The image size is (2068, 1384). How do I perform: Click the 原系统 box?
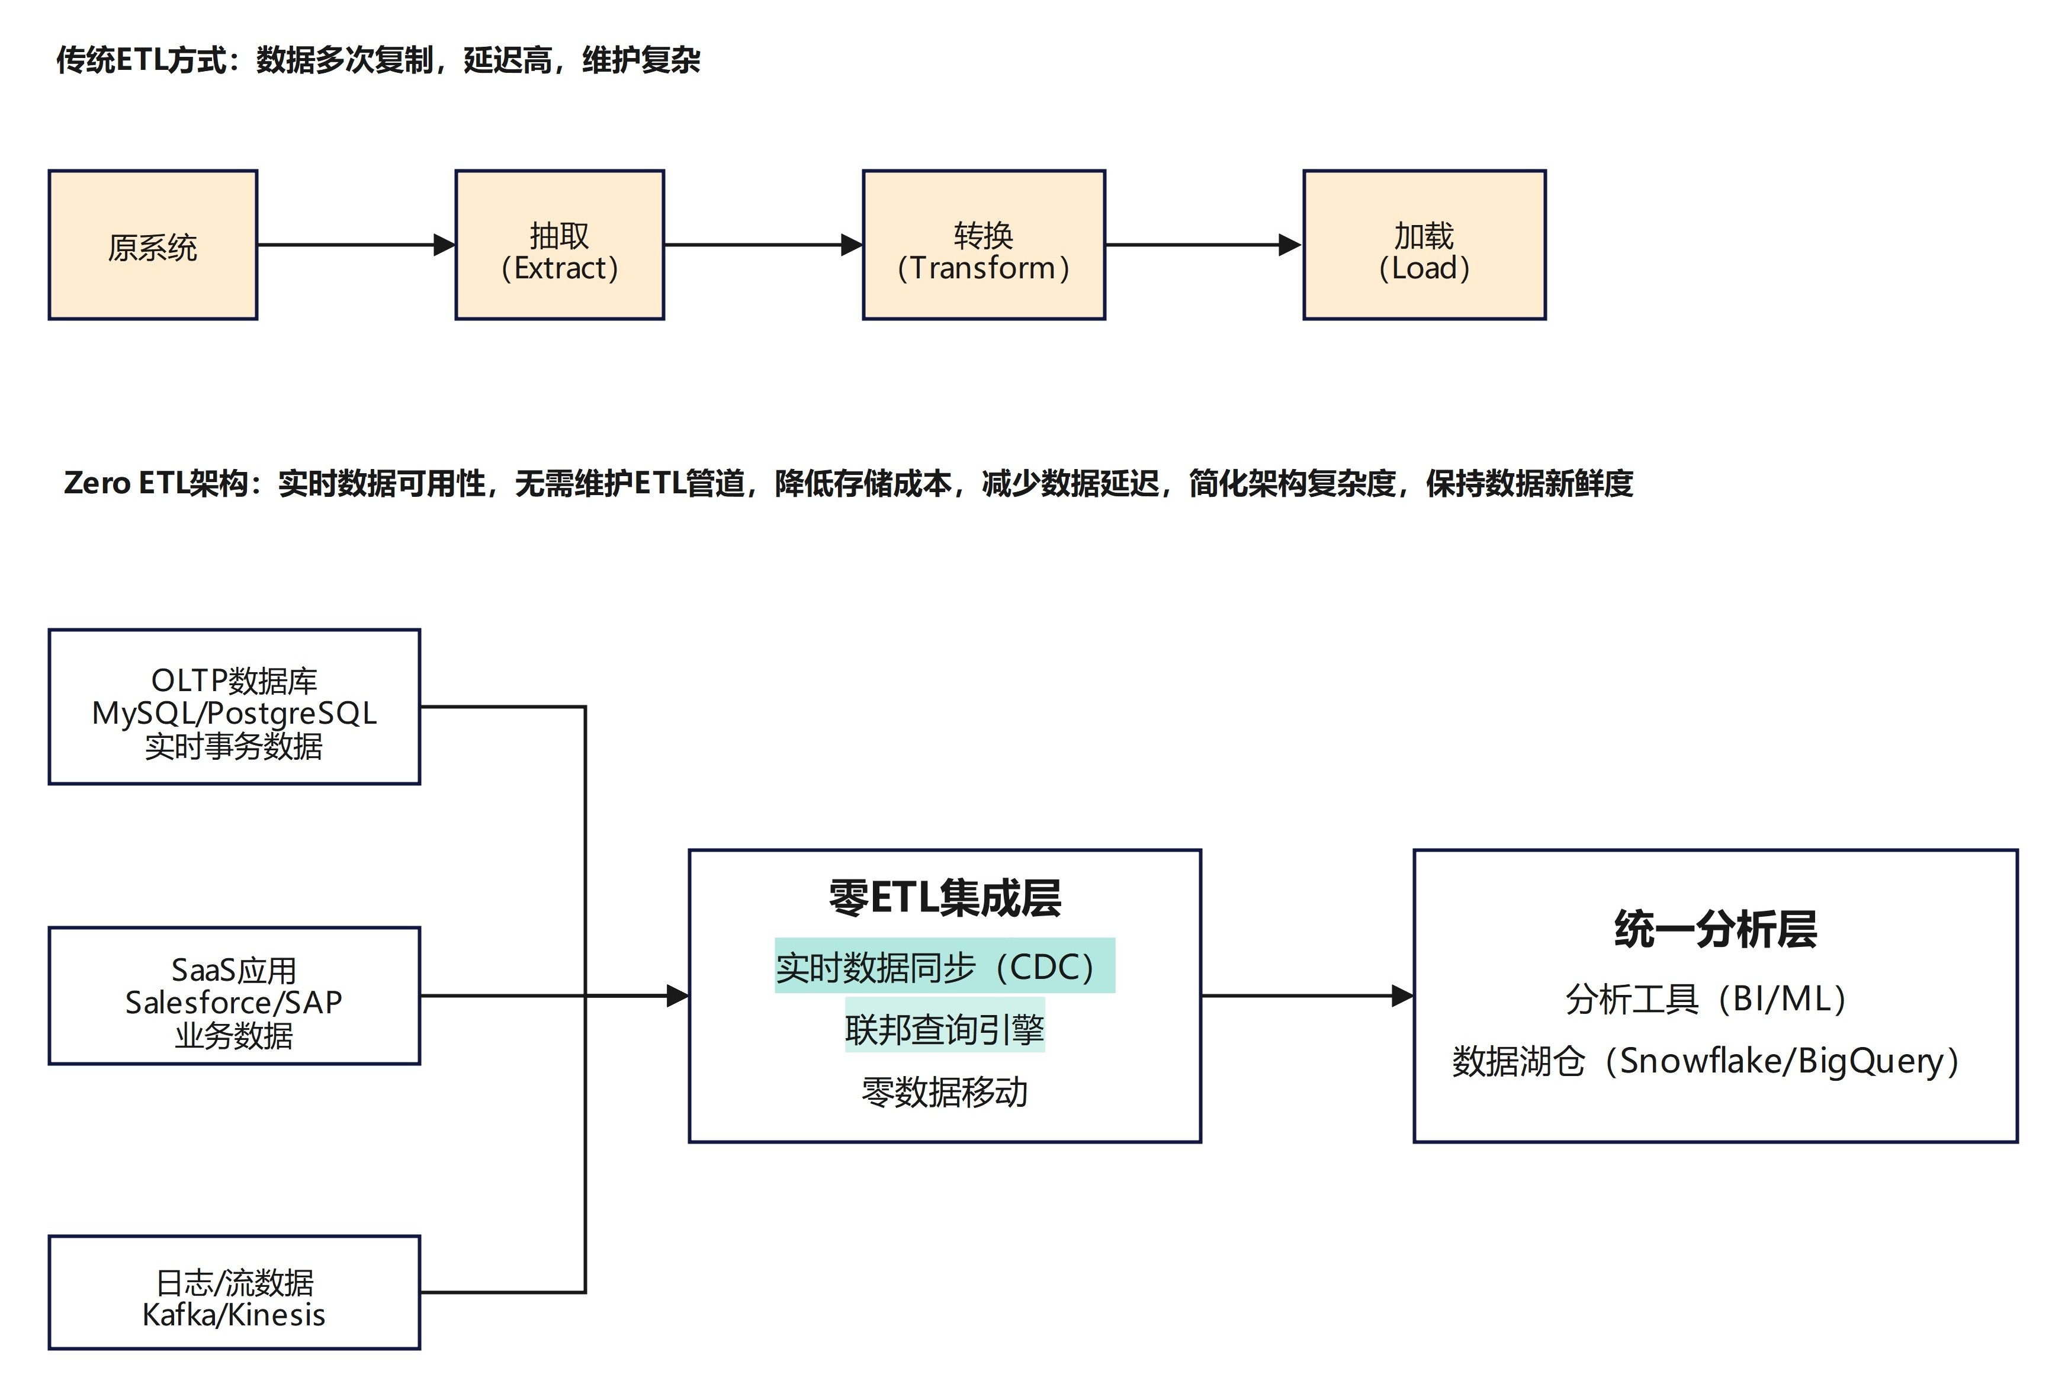click(x=153, y=245)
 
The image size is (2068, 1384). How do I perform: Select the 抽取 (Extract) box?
click(x=560, y=245)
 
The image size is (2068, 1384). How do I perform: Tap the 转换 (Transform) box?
click(x=983, y=245)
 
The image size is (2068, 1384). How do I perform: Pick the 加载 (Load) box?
click(x=1424, y=245)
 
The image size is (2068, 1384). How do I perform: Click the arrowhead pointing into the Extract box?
click(x=445, y=245)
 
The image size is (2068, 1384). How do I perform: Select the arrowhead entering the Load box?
click(x=1290, y=245)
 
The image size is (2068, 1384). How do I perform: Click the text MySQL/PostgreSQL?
click(x=234, y=713)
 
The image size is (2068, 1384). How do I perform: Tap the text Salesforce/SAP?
click(x=234, y=1003)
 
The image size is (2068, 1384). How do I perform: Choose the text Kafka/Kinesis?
click(x=234, y=1315)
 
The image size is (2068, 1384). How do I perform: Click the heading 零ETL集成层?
click(x=945, y=898)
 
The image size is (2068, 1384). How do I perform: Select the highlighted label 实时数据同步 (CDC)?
click(x=945, y=966)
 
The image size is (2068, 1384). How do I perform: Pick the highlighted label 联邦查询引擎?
click(x=945, y=1028)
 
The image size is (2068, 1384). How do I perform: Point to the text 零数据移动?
click(x=945, y=1093)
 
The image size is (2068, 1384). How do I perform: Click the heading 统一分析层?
click(x=1715, y=929)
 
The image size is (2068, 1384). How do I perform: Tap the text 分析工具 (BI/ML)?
click(x=1706, y=999)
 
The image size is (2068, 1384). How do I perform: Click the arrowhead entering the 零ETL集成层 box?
click(x=678, y=996)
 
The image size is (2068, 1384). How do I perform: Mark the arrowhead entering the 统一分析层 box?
click(x=1402, y=996)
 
